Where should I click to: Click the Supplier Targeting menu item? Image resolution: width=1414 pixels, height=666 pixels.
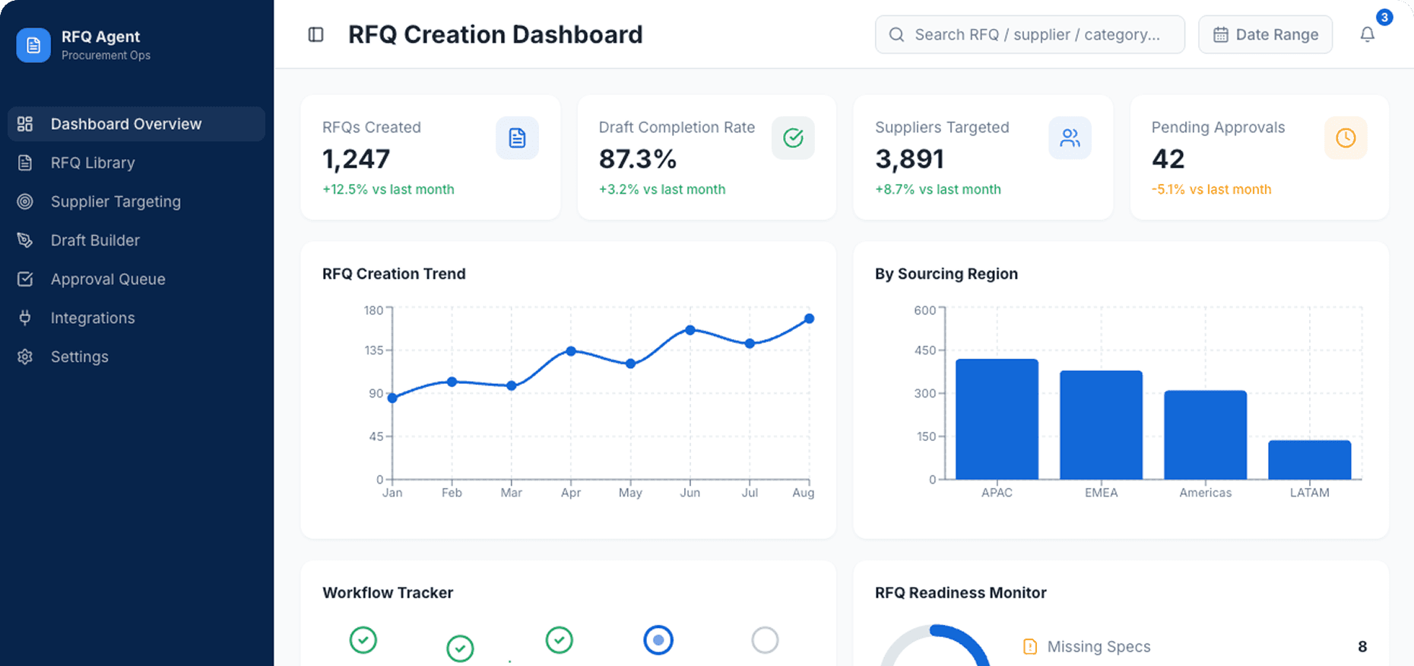tap(116, 201)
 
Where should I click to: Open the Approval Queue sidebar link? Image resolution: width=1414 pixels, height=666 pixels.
tap(107, 279)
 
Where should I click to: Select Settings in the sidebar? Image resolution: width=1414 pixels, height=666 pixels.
tap(79, 357)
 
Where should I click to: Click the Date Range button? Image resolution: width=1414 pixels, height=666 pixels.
tap(1265, 35)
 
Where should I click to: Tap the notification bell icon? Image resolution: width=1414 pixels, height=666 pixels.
tap(1367, 35)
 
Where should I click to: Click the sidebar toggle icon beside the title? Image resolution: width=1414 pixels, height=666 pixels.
tap(316, 35)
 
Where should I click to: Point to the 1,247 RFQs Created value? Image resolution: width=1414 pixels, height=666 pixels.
tap(356, 159)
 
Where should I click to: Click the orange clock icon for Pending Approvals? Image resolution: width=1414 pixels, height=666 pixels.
tap(1345, 138)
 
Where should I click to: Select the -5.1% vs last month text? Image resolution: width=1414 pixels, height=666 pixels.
tap(1211, 189)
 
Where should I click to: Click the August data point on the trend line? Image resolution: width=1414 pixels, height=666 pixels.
tap(809, 319)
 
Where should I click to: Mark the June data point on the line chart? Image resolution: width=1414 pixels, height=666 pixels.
tap(690, 330)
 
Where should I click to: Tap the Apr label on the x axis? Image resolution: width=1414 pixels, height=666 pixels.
tap(570, 493)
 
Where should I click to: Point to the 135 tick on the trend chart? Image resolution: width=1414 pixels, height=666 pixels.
tap(374, 350)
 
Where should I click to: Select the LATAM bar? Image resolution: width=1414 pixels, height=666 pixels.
tap(1309, 460)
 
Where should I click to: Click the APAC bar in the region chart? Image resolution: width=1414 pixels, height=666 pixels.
tap(997, 419)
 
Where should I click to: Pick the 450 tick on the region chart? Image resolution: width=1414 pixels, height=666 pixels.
tap(924, 350)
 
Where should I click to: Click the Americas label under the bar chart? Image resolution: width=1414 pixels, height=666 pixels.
tap(1205, 493)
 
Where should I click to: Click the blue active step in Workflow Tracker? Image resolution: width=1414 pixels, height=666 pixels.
tap(658, 640)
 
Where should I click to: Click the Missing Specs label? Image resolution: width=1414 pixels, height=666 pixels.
tap(1099, 647)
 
